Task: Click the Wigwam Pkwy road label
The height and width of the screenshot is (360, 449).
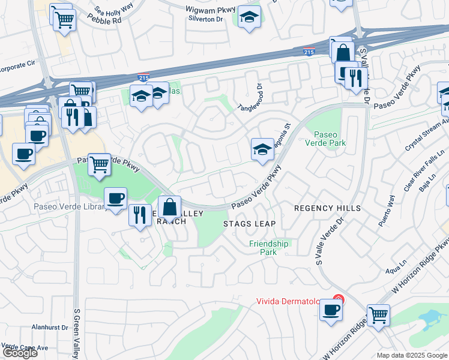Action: (209, 10)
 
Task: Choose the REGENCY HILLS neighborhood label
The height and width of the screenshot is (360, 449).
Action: (327, 208)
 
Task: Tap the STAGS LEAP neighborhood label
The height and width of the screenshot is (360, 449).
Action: (249, 224)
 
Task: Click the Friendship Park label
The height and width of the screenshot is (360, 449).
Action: (269, 248)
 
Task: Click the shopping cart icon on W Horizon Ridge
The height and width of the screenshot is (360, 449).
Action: (378, 314)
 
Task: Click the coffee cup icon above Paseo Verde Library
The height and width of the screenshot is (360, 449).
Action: (115, 197)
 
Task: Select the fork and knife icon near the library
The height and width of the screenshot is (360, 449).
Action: (140, 215)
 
